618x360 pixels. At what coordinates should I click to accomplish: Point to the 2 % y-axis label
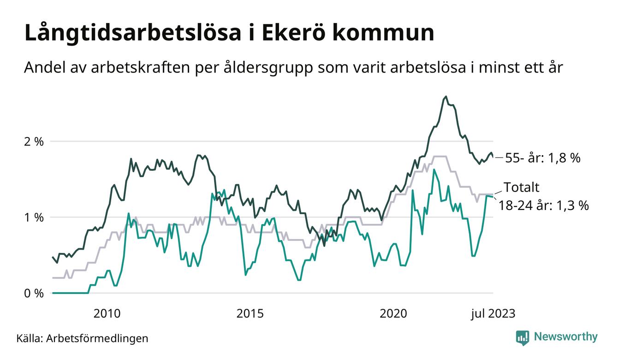(x=34, y=142)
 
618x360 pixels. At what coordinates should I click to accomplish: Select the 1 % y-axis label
(x=34, y=217)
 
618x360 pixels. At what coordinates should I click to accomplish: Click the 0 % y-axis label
(x=34, y=294)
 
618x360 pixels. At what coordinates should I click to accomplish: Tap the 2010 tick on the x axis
(x=107, y=314)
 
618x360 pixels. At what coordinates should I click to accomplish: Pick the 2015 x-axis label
(x=250, y=314)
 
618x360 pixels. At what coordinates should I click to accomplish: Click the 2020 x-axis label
(x=393, y=314)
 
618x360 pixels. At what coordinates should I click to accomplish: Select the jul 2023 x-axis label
(x=493, y=314)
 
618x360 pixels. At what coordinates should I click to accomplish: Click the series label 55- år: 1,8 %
(x=543, y=158)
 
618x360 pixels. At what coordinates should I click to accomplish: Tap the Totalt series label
(x=521, y=187)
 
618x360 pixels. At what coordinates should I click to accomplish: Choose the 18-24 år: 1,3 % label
(x=544, y=205)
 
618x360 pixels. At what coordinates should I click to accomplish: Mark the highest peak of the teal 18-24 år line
(x=434, y=169)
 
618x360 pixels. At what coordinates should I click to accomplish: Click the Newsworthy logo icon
(x=522, y=337)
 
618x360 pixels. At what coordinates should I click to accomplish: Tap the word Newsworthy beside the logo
(x=565, y=337)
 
